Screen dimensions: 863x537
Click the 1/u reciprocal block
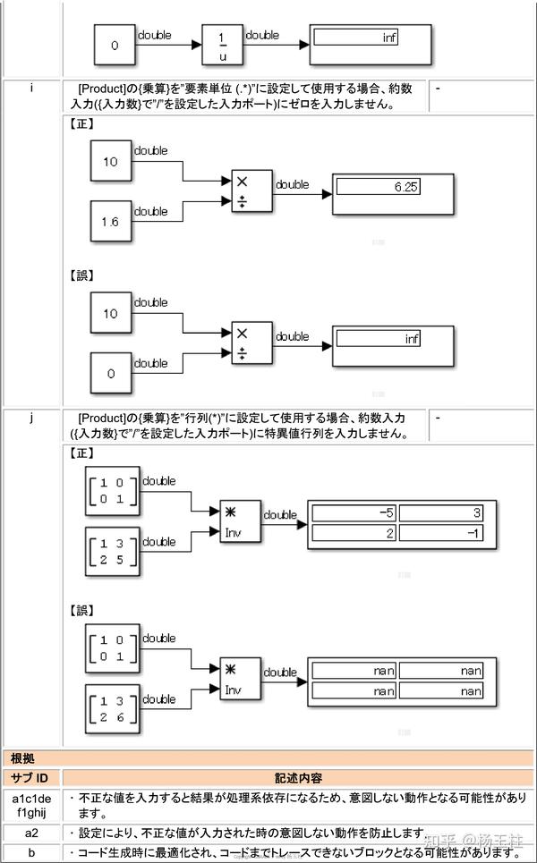tap(222, 44)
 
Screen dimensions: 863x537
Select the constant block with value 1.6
tap(110, 221)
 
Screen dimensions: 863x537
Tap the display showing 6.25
tap(377, 187)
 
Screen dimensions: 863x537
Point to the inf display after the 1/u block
tap(355, 38)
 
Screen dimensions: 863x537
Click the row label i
tap(32, 89)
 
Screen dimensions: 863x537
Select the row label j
tap(32, 418)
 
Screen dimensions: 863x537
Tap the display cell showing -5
tap(354, 513)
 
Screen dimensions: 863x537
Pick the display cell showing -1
tap(440, 533)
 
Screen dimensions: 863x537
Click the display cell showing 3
tap(440, 513)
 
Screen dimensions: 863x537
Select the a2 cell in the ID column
tap(31, 833)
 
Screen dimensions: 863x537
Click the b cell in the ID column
tap(31, 852)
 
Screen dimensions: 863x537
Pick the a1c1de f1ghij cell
tap(31, 805)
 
